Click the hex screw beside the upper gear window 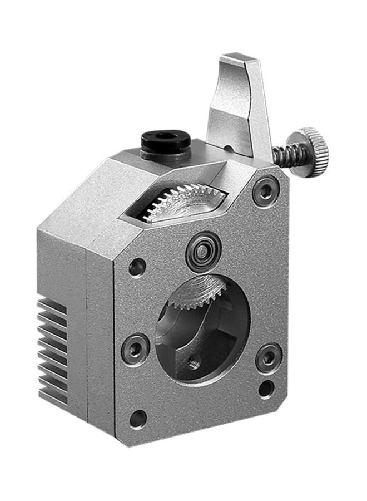click(266, 191)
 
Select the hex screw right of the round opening click(269, 356)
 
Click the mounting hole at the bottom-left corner click(138, 418)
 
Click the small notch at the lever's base click(227, 148)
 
